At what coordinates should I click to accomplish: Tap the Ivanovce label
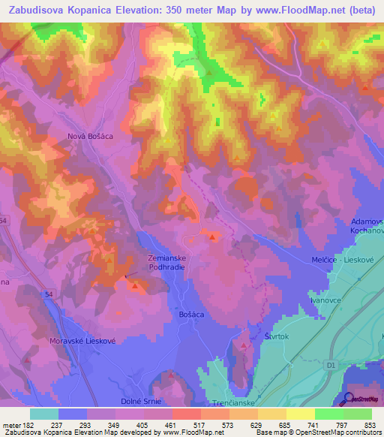tap(325, 299)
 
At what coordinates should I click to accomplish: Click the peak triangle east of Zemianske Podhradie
tap(213, 238)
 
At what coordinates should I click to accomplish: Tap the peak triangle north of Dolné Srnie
tap(171, 374)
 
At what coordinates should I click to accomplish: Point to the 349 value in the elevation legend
tap(115, 425)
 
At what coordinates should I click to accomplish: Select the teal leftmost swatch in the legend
tap(43, 414)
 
